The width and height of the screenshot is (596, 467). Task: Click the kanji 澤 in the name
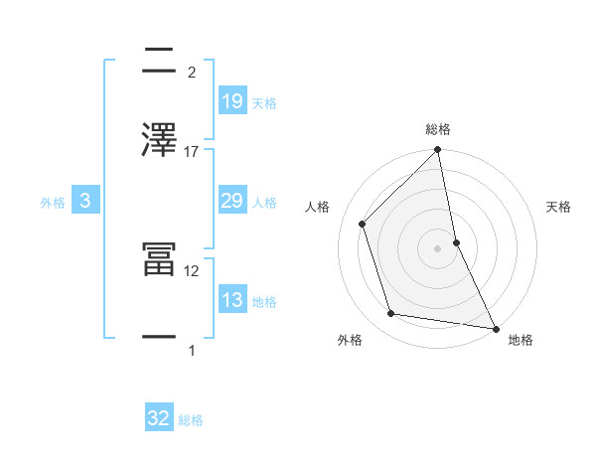pos(160,139)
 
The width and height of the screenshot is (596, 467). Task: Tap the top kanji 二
pos(160,62)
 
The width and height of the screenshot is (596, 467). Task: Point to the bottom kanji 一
pos(160,337)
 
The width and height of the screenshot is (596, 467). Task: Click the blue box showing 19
pos(231,100)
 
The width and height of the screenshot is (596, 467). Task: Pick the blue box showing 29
pos(231,202)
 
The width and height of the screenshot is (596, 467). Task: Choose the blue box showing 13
pos(231,300)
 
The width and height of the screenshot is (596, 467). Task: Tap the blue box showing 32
pos(159,418)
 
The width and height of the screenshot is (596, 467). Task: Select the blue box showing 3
pos(85,202)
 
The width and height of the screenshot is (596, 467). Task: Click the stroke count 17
pos(192,152)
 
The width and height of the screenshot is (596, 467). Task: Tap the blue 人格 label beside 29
pos(264,203)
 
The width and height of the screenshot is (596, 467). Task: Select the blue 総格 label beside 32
pos(191,420)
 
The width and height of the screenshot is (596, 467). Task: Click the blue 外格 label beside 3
pos(53,203)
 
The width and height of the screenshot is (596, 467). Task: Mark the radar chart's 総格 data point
pos(437,152)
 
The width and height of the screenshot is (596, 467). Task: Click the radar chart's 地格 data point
pos(495,327)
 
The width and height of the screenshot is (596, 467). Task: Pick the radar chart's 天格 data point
pos(456,241)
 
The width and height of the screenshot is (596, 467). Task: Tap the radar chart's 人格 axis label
pos(318,207)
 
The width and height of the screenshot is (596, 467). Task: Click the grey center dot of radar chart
pos(437,247)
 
